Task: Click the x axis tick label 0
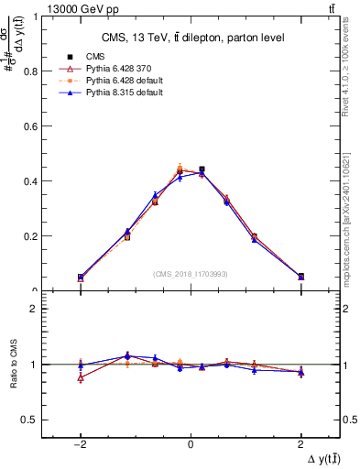(191, 443)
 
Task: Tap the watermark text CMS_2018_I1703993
(191, 274)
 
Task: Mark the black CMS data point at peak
(202, 169)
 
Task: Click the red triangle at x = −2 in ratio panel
(81, 377)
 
